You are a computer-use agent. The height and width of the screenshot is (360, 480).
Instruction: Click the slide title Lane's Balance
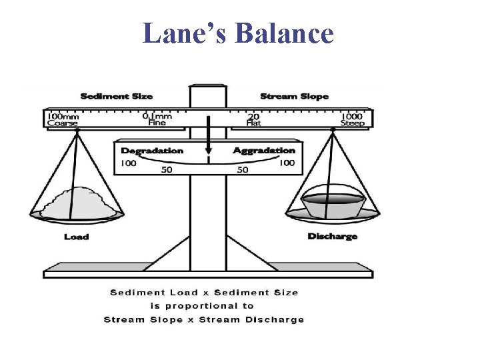pyautogui.click(x=238, y=33)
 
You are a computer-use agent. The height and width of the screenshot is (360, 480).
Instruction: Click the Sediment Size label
pyautogui.click(x=116, y=97)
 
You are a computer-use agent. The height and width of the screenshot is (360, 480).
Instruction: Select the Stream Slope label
pyautogui.click(x=294, y=97)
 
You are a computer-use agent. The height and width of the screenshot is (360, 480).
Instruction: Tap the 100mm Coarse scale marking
pyautogui.click(x=62, y=119)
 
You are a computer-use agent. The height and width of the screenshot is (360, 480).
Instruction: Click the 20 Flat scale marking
pyautogui.click(x=253, y=119)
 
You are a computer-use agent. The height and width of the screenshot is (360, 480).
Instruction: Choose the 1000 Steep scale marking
pyautogui.click(x=352, y=119)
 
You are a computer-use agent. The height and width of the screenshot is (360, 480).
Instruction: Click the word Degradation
pyautogui.click(x=151, y=151)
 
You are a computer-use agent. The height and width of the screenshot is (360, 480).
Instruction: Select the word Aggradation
pyautogui.click(x=264, y=151)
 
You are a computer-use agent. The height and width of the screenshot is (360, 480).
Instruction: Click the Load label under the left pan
pyautogui.click(x=76, y=237)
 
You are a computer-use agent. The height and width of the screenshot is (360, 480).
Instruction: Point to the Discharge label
pyautogui.click(x=332, y=237)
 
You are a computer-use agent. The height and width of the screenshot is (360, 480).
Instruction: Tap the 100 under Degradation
pyautogui.click(x=128, y=163)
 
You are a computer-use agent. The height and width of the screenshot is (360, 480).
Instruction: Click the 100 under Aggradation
pyautogui.click(x=287, y=163)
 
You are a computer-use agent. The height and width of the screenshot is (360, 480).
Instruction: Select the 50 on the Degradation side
pyautogui.click(x=167, y=170)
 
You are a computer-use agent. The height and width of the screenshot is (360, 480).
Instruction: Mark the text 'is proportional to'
pyautogui.click(x=203, y=306)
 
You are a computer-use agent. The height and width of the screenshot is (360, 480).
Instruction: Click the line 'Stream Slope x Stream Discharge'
pyautogui.click(x=203, y=319)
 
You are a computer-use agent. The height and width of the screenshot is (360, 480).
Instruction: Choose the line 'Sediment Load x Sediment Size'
pyautogui.click(x=203, y=293)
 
